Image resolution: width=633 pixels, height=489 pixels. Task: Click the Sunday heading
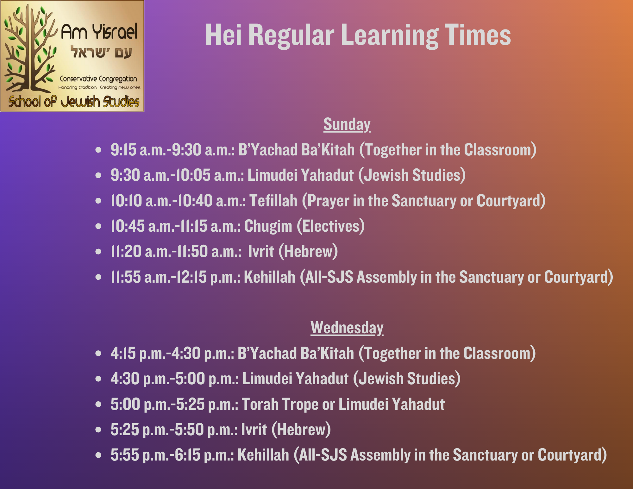347,124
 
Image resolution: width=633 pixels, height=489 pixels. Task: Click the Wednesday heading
347,328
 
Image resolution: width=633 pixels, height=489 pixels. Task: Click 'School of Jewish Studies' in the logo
74,102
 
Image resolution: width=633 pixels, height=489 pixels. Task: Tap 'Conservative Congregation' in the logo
98,78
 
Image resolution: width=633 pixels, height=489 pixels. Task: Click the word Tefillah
273,201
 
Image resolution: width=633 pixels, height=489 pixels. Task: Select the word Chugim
268,226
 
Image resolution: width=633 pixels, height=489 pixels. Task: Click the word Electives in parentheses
331,226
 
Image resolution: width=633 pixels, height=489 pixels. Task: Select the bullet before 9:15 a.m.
98,150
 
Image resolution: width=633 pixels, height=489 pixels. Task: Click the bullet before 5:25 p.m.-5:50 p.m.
98,430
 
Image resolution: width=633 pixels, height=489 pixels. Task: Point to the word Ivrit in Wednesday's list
254,430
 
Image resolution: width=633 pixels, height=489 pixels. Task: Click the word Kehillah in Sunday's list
269,277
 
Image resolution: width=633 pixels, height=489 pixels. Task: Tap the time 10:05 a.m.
207,175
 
